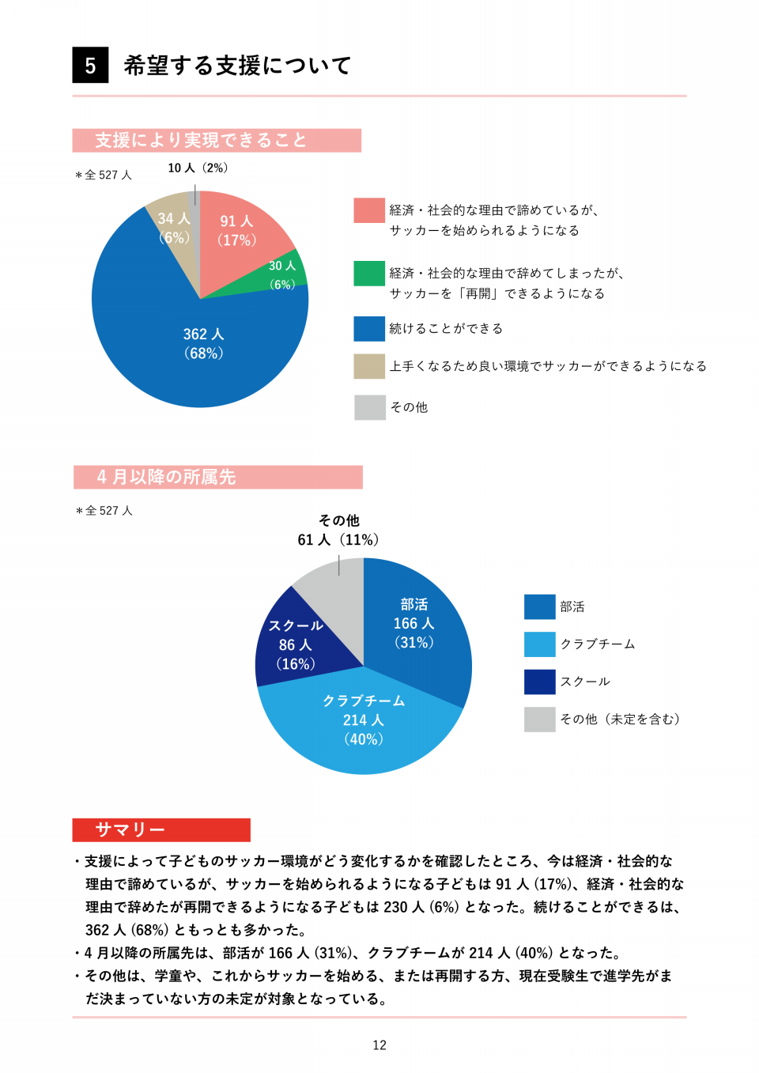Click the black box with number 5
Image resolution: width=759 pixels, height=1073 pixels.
90,65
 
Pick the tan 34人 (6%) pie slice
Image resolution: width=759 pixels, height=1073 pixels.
174,228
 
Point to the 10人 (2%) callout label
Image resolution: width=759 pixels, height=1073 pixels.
198,168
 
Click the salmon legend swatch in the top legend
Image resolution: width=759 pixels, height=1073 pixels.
369,210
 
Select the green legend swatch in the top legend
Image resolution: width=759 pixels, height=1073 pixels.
369,274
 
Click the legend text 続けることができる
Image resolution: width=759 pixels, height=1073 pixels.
446,328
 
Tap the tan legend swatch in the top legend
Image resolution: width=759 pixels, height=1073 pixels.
369,366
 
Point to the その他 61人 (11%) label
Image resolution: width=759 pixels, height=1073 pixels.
338,531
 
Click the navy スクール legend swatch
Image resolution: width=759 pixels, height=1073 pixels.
539,682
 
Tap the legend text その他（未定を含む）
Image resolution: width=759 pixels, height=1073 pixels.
620,719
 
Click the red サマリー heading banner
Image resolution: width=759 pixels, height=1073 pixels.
161,829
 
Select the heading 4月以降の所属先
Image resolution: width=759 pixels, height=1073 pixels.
217,477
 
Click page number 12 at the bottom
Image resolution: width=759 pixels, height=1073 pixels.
379,1045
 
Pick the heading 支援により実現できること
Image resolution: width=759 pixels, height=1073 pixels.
217,140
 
